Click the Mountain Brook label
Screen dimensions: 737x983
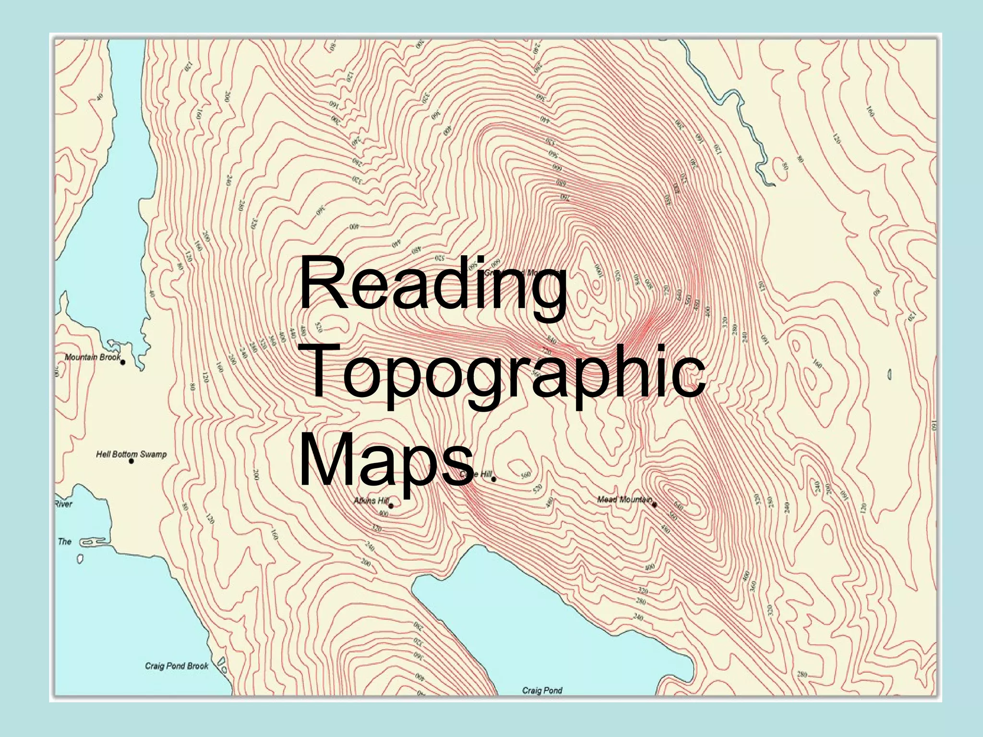point(92,357)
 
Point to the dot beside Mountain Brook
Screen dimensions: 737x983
point(123,362)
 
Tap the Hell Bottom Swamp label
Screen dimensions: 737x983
point(131,454)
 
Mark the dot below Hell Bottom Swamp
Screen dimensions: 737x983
point(131,461)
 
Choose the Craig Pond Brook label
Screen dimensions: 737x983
point(177,666)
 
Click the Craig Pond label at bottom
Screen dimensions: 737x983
point(542,690)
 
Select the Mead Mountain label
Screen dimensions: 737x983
point(623,499)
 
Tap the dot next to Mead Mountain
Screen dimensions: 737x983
point(654,504)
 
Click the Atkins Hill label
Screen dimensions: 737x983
point(371,501)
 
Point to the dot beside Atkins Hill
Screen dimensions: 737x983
point(391,506)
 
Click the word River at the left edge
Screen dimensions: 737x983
point(63,504)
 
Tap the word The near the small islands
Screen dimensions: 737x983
point(65,542)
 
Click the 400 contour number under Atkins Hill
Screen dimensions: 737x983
point(383,514)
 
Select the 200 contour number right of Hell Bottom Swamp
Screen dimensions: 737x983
point(256,475)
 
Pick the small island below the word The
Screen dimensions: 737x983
point(80,559)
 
